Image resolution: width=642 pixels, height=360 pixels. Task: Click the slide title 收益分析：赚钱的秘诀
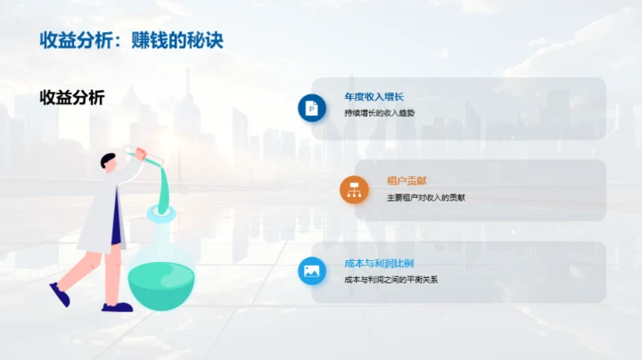(130, 41)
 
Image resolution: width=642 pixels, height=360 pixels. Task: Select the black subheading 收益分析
(72, 98)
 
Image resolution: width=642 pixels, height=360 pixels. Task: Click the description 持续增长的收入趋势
(379, 113)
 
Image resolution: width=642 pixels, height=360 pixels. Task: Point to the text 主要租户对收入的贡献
(425, 197)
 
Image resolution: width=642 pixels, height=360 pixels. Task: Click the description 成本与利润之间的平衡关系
(391, 279)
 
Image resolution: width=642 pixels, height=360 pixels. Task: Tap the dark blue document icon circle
(312, 108)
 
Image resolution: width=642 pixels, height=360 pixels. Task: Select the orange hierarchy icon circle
(354, 190)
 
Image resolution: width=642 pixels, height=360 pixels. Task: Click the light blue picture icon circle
(312, 271)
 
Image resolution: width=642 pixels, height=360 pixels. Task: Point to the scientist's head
(109, 162)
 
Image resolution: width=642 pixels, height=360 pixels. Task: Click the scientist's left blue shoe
(60, 294)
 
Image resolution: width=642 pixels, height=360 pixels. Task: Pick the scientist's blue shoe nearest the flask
(116, 307)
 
